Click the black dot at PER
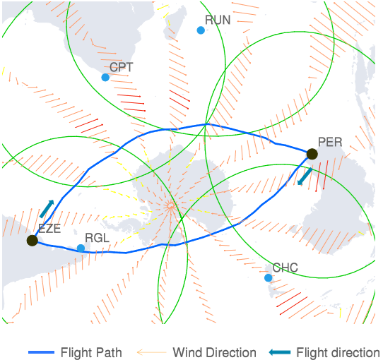[312, 154]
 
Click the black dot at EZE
[33, 241]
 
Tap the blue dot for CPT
[105, 77]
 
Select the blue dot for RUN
[201, 30]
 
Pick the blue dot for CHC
[269, 277]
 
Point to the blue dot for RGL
[81, 248]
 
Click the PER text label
[330, 142]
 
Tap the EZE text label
[49, 229]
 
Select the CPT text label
[121, 67]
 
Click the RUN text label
[218, 20]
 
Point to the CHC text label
[285, 268]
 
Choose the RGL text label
[97, 238]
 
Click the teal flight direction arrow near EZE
[47, 209]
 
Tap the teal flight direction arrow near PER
[305, 176]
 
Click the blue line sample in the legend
[41, 352]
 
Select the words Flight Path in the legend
[91, 352]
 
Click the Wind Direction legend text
[214, 352]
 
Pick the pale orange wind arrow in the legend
[152, 352]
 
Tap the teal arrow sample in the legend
[280, 352]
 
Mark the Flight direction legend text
[338, 352]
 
